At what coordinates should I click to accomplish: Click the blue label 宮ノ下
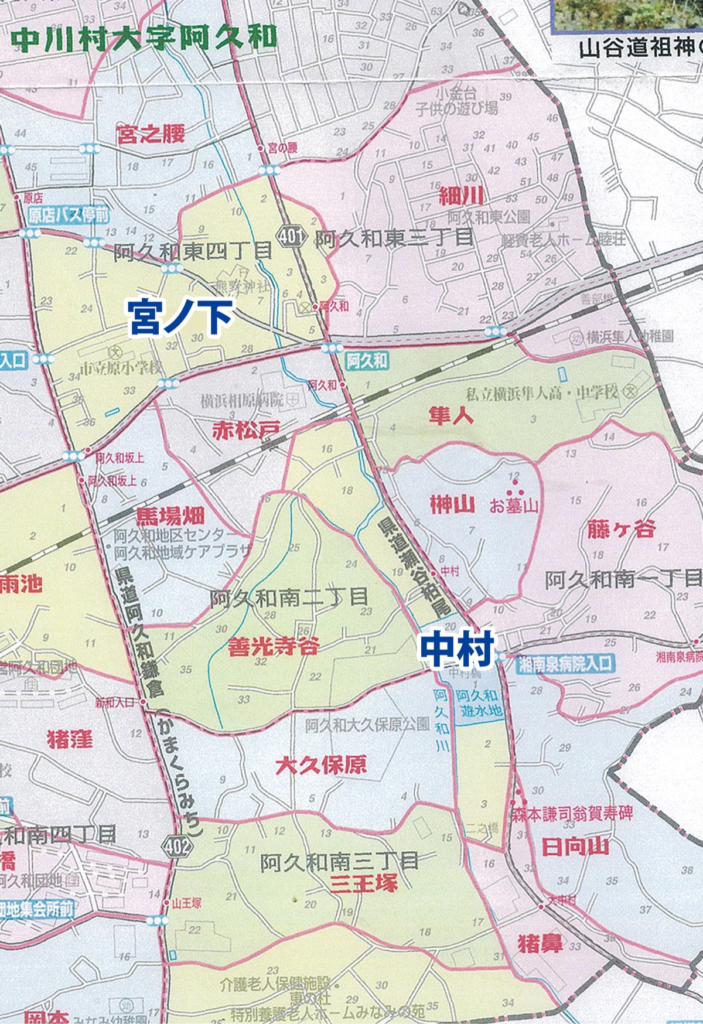(180, 317)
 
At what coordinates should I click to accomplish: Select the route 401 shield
(291, 237)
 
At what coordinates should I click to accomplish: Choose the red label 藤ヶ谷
(620, 529)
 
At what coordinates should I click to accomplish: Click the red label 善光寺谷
(274, 646)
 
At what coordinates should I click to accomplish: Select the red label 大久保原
(321, 764)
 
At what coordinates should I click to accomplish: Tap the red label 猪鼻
(540, 944)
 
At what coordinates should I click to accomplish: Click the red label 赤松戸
(245, 431)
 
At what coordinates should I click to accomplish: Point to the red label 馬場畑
(170, 516)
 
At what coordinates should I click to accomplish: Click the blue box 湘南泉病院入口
(565, 664)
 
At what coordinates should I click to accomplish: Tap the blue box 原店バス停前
(69, 215)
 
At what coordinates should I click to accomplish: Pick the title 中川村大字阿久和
(144, 39)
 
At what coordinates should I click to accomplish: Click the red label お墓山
(514, 505)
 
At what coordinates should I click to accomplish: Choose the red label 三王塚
(363, 882)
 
